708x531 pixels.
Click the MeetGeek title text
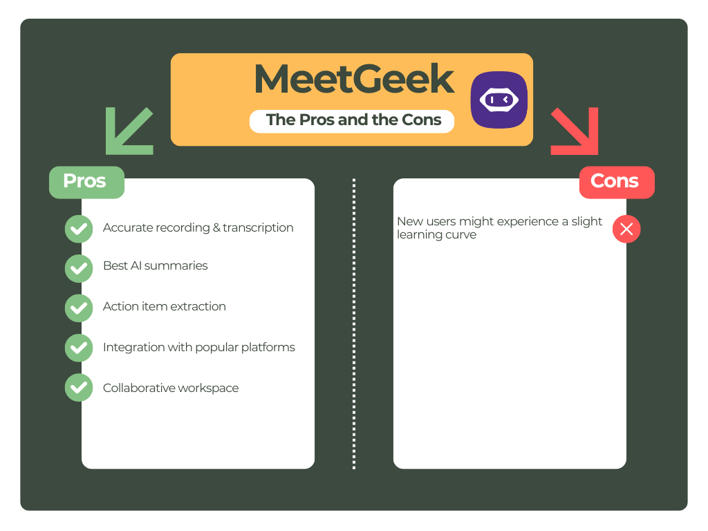(x=353, y=80)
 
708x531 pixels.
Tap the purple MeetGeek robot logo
(x=499, y=100)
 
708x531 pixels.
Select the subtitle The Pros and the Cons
(x=353, y=120)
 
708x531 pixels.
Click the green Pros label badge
(x=86, y=182)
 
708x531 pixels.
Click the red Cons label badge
(x=615, y=182)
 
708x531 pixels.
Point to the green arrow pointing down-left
(x=129, y=131)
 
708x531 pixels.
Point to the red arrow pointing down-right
(x=575, y=131)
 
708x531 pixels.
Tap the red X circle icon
(x=626, y=229)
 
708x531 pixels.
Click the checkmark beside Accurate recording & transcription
(x=79, y=228)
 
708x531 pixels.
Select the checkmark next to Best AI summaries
(x=79, y=267)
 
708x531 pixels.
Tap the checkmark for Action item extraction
(x=79, y=307)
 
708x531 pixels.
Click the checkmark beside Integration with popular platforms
(x=79, y=348)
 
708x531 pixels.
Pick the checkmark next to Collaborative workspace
(x=79, y=388)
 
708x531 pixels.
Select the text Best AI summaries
(x=155, y=266)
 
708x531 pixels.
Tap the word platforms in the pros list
(x=268, y=347)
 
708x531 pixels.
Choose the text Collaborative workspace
(x=170, y=388)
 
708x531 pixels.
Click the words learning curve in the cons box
(x=436, y=235)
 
